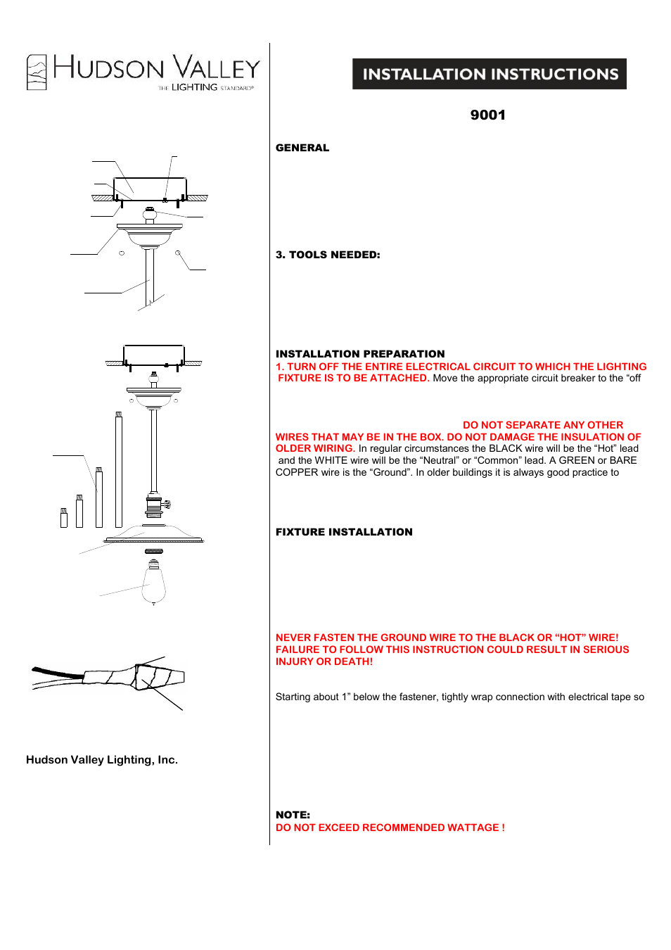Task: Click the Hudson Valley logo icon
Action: point(37,72)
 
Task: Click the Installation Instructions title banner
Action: point(490,74)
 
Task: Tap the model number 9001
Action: point(487,115)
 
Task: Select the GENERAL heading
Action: point(302,148)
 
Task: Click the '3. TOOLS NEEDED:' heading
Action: point(328,255)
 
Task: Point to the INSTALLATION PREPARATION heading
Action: point(360,354)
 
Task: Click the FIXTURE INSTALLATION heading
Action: point(344,532)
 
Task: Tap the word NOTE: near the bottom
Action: point(293,815)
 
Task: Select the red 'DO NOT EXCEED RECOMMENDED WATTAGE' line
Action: point(390,828)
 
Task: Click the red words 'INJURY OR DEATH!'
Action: point(324,661)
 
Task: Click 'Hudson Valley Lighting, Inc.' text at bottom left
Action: point(102,760)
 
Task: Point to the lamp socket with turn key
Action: point(155,505)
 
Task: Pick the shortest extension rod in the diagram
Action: point(64,518)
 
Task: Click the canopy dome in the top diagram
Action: point(149,234)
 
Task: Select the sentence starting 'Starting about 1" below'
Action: point(459,697)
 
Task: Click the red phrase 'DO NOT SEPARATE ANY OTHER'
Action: point(542,425)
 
